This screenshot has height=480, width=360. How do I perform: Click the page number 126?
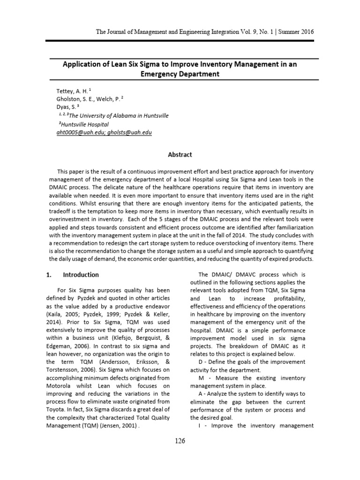click(x=180, y=441)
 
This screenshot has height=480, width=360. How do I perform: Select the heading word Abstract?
click(x=180, y=155)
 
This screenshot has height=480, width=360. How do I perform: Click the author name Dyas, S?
click(x=66, y=107)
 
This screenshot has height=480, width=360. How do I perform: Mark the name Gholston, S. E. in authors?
click(x=75, y=98)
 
